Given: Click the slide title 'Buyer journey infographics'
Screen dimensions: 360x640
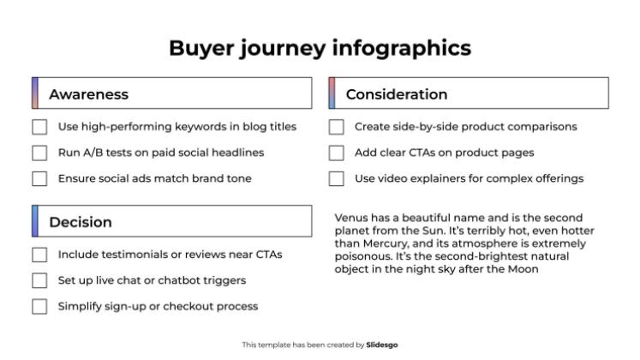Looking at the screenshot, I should [320, 47].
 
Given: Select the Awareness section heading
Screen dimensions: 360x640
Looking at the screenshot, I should [88, 94].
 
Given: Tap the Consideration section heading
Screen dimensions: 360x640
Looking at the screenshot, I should [396, 94].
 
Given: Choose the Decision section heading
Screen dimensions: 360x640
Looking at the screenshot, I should [80, 222].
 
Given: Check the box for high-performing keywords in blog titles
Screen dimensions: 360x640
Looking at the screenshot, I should [39, 127].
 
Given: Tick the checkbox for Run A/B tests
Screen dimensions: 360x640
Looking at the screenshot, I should [39, 153].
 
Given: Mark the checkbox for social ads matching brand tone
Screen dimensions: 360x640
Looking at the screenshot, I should [39, 178].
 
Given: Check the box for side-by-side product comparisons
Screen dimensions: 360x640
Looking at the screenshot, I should [337, 127].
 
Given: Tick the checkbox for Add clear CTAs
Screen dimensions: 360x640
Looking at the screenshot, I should [337, 153].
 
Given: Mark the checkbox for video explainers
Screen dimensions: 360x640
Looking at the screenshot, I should [337, 178].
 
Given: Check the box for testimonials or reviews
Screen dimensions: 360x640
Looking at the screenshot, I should [39, 255].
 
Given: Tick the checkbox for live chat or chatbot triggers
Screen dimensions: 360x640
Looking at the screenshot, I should [39, 280].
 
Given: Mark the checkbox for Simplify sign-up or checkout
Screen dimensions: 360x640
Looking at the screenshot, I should [39, 306].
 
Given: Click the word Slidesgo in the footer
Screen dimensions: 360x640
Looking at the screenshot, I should [382, 345].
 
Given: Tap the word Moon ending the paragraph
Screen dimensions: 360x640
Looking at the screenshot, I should [522, 269].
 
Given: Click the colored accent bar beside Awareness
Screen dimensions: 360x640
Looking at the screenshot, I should [35, 93].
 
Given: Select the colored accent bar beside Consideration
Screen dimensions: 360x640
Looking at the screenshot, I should [332, 93].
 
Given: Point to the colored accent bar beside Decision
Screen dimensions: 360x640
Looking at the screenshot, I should [35, 221].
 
